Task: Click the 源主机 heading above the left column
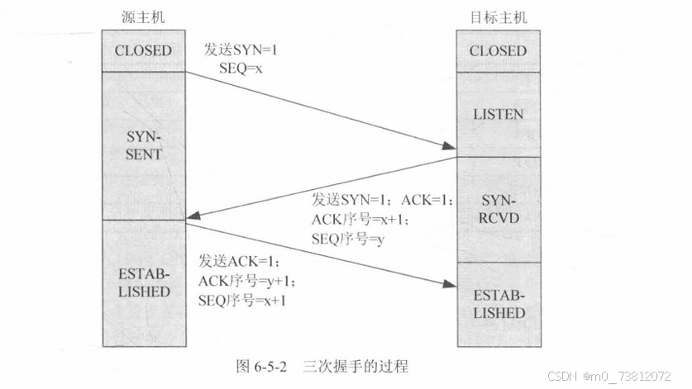pyautogui.click(x=143, y=17)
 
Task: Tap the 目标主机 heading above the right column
pyautogui.click(x=498, y=17)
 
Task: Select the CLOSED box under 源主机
pyautogui.click(x=143, y=50)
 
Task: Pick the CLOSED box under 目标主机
pyautogui.click(x=498, y=50)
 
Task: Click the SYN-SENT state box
pyautogui.click(x=143, y=145)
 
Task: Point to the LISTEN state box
pyautogui.click(x=498, y=114)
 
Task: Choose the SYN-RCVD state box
pyautogui.click(x=498, y=210)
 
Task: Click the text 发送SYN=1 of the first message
pyautogui.click(x=241, y=50)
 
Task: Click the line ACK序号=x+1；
pyautogui.click(x=360, y=219)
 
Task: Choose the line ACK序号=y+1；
pyautogui.click(x=246, y=281)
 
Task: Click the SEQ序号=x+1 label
pyautogui.click(x=242, y=301)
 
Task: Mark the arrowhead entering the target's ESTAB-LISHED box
pyautogui.click(x=449, y=284)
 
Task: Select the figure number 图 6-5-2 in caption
pyautogui.click(x=264, y=364)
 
